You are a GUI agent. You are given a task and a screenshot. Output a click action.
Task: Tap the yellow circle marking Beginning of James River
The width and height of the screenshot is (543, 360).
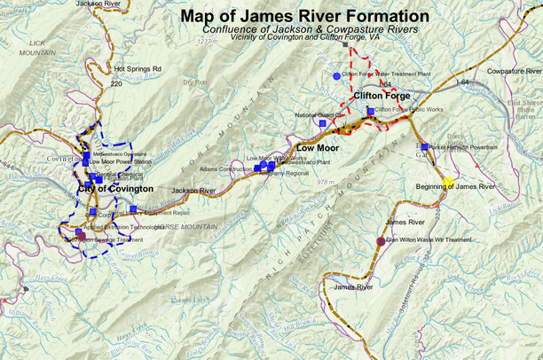point(448,180)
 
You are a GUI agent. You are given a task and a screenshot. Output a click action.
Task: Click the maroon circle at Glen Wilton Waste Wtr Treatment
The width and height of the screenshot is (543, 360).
point(382,240)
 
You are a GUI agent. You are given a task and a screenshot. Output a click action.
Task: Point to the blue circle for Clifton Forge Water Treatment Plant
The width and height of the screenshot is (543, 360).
point(336,76)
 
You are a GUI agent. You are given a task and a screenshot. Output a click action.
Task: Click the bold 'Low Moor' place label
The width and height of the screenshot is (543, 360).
point(318,146)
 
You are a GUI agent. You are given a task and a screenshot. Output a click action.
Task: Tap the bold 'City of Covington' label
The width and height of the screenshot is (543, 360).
point(115,189)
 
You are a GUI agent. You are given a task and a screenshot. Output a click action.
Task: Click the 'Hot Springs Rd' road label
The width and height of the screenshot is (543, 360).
point(138,68)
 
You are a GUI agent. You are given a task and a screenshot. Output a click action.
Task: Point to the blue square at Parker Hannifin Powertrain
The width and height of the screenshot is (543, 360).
point(425,146)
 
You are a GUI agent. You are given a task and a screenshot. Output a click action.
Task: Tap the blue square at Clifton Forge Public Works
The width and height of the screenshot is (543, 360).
point(370,111)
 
